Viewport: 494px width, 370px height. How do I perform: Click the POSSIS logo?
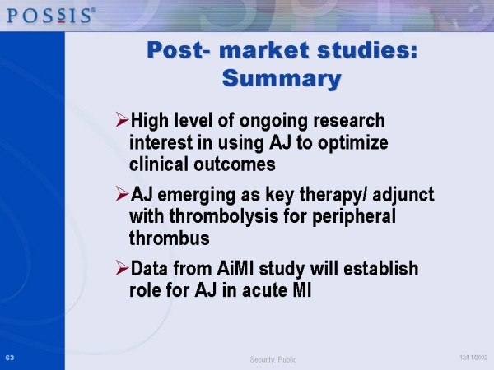point(51,16)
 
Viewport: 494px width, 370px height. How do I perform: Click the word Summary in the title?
point(282,78)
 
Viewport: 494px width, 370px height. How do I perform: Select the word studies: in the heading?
point(367,50)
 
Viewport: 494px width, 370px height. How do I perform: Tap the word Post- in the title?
point(179,50)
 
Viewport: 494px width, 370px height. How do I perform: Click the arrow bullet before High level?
point(122,119)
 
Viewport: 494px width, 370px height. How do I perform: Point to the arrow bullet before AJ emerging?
point(122,193)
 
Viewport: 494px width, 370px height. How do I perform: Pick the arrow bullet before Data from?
point(122,268)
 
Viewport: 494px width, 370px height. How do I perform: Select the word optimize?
point(353,143)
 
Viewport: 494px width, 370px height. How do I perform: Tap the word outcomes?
point(235,164)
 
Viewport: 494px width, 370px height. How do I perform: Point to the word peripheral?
point(354,217)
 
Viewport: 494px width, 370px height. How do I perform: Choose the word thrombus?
point(170,238)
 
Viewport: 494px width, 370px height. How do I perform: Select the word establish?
point(381,269)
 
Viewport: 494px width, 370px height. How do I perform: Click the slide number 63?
point(10,358)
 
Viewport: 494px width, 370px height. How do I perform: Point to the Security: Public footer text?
point(273,359)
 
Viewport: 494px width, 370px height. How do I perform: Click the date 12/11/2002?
point(473,358)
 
